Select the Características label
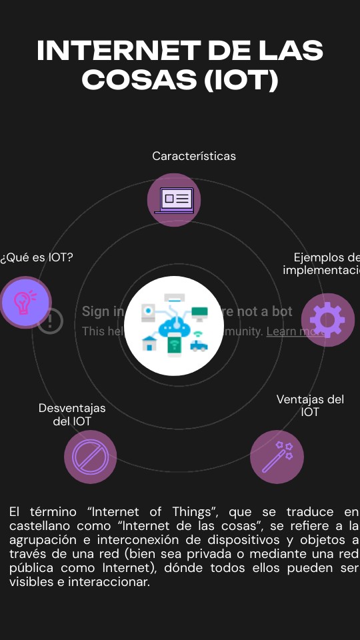(x=193, y=156)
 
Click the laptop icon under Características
(x=174, y=200)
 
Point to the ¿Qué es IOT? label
(x=37, y=257)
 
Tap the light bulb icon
(x=25, y=303)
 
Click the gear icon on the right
(x=327, y=320)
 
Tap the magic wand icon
(x=277, y=457)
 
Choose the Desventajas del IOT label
(x=72, y=415)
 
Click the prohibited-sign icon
(x=90, y=457)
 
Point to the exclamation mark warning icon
(x=50, y=321)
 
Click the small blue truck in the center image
(x=198, y=345)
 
